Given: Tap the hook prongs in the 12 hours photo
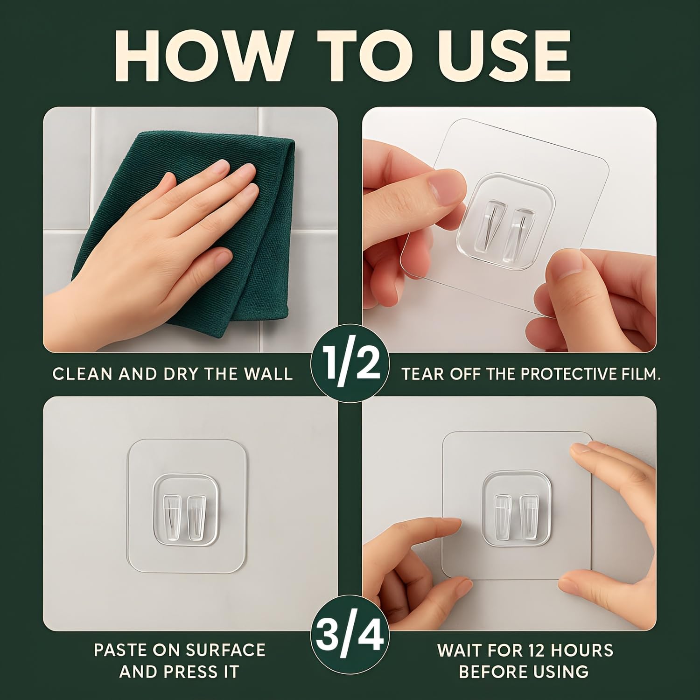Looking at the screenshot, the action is [514, 516].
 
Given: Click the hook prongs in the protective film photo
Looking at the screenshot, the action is [506, 229].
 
